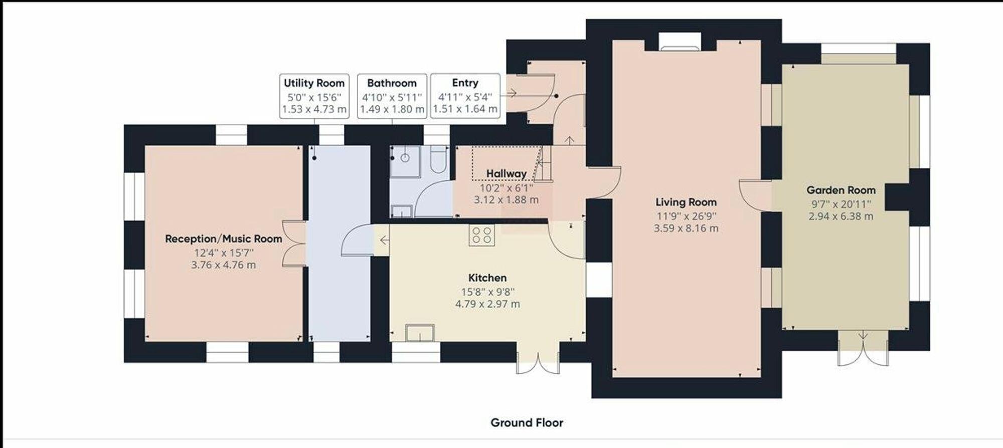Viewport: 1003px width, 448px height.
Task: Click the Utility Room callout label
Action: pos(314,96)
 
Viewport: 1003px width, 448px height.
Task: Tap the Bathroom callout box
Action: pos(392,96)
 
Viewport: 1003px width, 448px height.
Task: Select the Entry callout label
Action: pos(465,96)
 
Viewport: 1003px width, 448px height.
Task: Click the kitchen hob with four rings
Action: pos(481,235)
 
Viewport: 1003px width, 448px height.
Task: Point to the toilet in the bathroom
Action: pos(439,159)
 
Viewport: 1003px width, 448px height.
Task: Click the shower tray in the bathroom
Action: pos(405,161)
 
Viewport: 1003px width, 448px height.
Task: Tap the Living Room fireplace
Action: pos(680,42)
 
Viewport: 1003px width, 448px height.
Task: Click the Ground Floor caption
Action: pos(527,422)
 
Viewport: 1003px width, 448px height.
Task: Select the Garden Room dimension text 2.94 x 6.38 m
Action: pos(841,216)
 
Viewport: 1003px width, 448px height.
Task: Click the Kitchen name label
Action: pos(487,278)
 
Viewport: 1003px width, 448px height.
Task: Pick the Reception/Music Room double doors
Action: pos(294,244)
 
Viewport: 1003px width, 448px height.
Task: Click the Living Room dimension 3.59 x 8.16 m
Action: pos(686,229)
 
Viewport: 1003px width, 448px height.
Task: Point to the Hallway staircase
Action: pos(544,163)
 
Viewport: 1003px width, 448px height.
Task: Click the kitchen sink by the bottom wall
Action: pos(420,333)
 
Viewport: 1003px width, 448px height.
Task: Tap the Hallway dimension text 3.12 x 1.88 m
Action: pos(506,200)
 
